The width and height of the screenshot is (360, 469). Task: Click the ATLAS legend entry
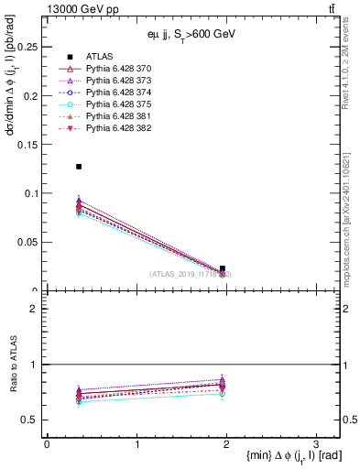[x=98, y=57]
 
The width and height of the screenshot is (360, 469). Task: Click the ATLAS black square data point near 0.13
[x=79, y=167]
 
